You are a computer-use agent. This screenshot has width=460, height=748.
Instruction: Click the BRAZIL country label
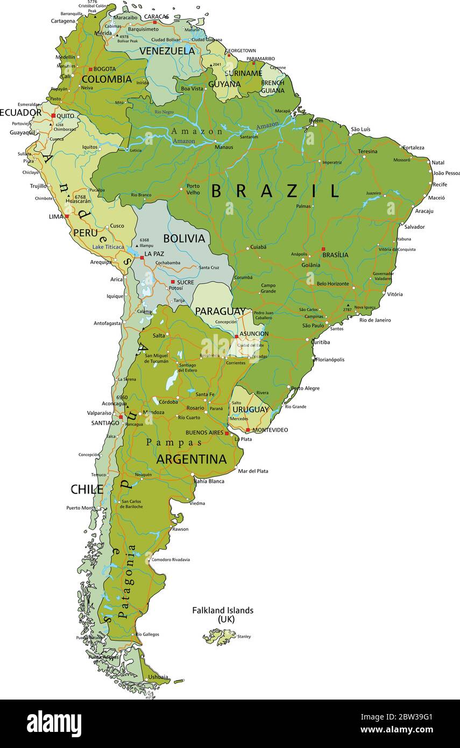coord(275,191)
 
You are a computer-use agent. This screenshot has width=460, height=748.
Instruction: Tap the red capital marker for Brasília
coord(323,249)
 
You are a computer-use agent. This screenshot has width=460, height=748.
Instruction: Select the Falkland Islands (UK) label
coord(223,615)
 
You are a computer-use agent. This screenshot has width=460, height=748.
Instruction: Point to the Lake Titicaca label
coord(108,247)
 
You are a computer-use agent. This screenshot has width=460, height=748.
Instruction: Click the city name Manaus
coord(224,147)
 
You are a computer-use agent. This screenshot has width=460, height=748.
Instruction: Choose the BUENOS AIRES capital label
coord(204,433)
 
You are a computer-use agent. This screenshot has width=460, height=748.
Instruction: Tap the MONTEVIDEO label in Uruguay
coord(270,430)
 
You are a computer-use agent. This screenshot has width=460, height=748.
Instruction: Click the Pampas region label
coord(174,442)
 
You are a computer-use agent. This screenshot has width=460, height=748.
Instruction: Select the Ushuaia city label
coord(158,677)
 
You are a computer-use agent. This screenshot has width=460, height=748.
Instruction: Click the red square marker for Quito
coord(53,116)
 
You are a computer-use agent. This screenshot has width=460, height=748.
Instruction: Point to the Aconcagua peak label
coord(115,404)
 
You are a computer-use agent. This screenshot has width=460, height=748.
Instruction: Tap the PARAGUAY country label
coord(220,312)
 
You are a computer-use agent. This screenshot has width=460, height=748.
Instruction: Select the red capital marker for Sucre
coord(173,281)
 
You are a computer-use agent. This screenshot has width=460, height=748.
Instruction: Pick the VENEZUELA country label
coord(167,51)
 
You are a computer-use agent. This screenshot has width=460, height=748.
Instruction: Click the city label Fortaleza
coord(413,147)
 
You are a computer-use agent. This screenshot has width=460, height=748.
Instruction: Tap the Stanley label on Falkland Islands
coord(244,637)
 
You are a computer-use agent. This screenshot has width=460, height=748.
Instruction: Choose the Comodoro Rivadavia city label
coord(171,560)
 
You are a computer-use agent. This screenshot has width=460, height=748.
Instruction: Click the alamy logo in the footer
coord(54,724)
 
